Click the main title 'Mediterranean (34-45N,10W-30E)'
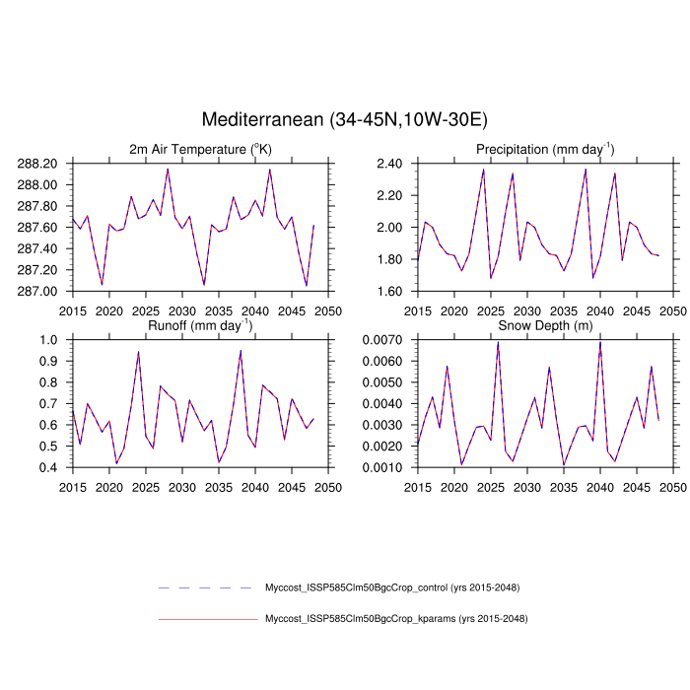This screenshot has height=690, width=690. pos(344,120)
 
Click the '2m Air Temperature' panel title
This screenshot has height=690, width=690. pos(200,149)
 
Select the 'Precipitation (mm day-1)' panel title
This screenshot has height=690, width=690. pos(545,149)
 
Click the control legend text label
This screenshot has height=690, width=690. pos(391,587)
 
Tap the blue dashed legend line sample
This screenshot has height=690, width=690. pos(207,587)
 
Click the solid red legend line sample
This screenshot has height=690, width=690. pos(207,619)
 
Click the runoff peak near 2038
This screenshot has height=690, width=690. pos(241,350)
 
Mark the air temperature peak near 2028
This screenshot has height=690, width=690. pos(168,169)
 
